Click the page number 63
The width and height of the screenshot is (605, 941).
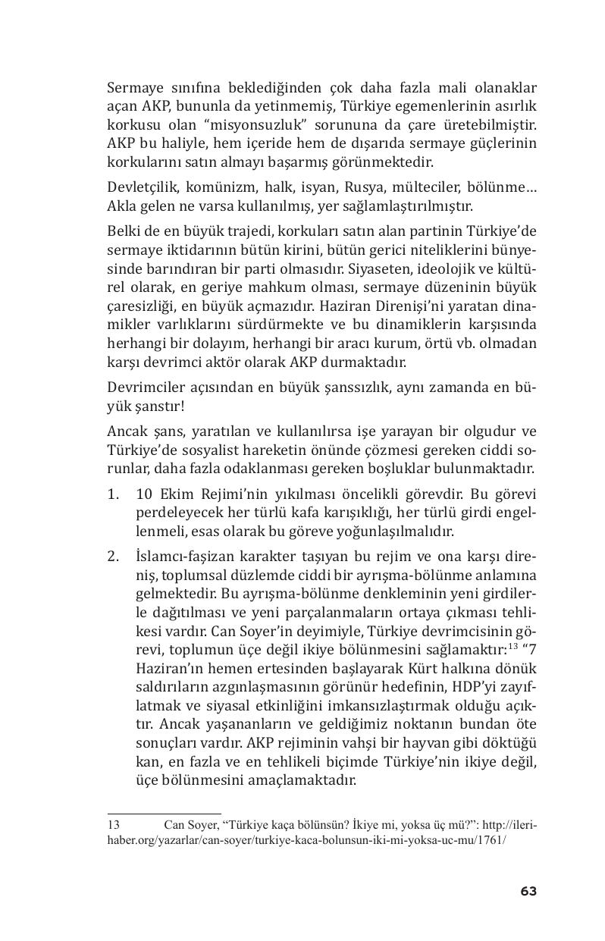click(528, 891)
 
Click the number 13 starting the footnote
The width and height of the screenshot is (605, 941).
click(114, 824)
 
